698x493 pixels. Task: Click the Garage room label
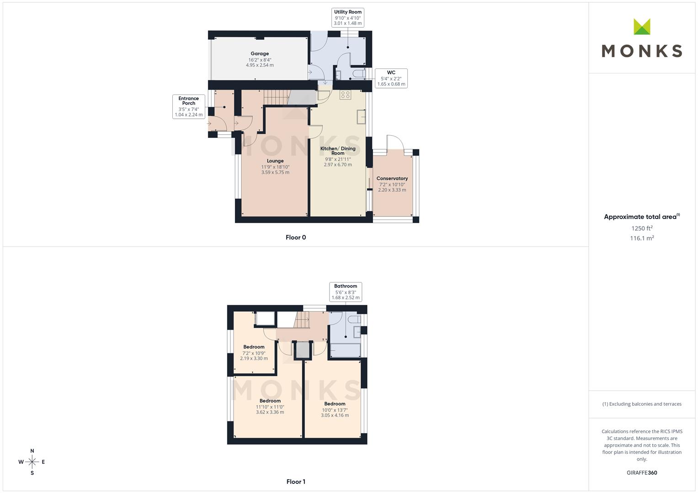260,53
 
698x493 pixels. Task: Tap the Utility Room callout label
348,12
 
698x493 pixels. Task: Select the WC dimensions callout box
391,78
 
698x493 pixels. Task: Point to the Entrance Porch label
188,100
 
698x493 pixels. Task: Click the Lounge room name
275,161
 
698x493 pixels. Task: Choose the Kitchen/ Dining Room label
338,151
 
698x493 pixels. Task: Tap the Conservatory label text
392,178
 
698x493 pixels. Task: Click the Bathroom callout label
346,286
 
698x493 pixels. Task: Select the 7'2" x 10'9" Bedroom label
254,347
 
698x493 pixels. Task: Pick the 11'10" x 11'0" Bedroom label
270,401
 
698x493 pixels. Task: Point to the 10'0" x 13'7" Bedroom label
335,404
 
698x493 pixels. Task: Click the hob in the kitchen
345,94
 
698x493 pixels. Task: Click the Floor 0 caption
296,237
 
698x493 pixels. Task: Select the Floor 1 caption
296,482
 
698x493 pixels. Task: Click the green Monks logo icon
642,26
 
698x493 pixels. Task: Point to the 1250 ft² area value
642,228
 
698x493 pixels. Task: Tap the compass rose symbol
32,462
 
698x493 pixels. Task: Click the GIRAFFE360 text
642,473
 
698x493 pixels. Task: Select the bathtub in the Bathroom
345,350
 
